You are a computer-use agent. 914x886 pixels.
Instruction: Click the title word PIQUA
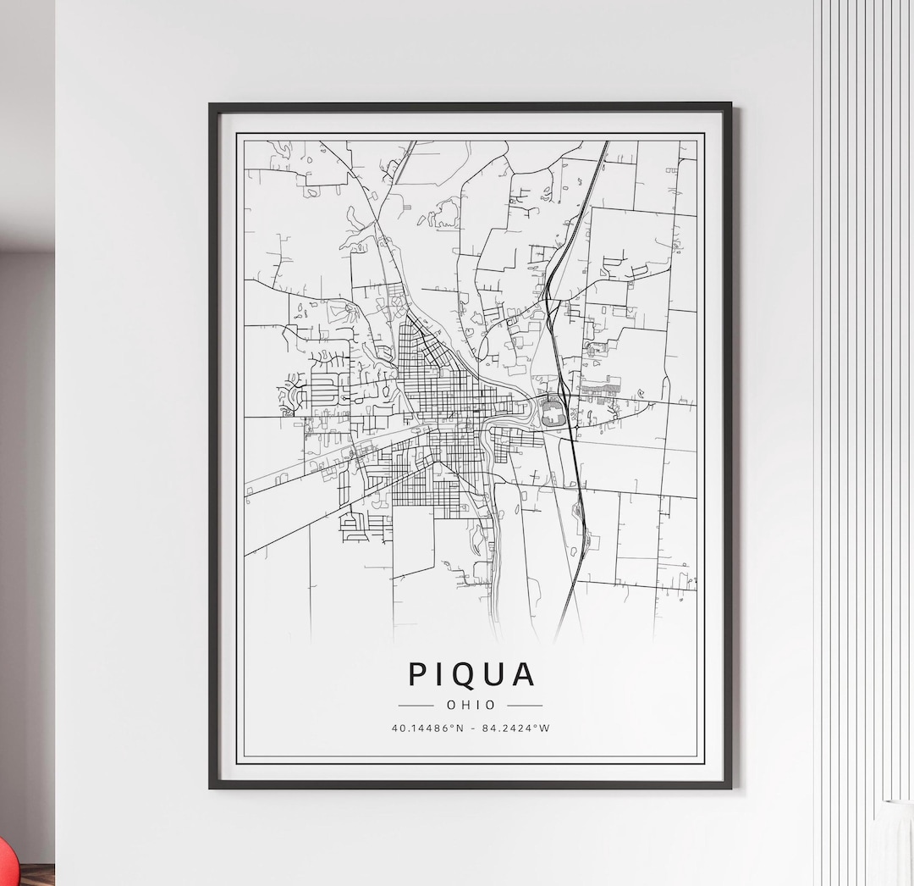click(x=471, y=674)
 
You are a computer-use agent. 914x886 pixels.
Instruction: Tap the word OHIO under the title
click(x=471, y=705)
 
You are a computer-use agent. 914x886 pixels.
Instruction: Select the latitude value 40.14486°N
click(x=427, y=728)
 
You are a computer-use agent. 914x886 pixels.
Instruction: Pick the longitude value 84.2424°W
click(x=515, y=728)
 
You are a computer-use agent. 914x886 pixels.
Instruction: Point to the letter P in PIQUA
click(x=417, y=674)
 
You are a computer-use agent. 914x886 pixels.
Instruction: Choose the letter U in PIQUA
click(x=494, y=674)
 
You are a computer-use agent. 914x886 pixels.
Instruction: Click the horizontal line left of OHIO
click(x=416, y=705)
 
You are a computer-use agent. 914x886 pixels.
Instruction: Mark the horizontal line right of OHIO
click(x=525, y=705)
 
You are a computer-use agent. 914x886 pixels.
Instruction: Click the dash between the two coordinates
click(x=472, y=728)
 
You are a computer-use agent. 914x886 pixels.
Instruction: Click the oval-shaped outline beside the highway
click(x=553, y=413)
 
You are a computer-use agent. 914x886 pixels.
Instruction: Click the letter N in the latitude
click(x=460, y=728)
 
